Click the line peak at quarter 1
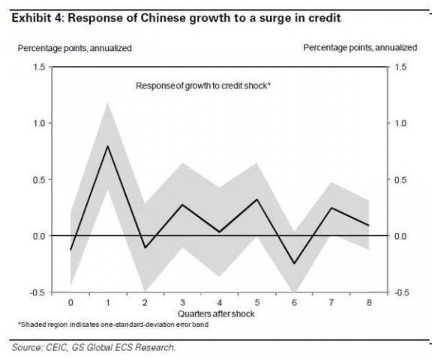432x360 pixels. point(106,146)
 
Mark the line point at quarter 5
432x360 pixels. point(257,199)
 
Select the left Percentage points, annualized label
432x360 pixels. point(75,47)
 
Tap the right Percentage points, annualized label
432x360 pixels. point(360,47)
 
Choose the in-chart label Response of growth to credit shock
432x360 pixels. point(203,85)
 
